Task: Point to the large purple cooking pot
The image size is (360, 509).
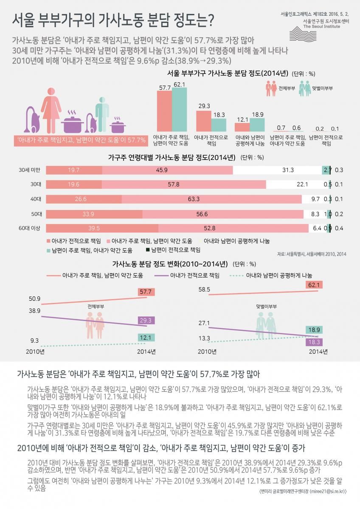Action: pos(75,123)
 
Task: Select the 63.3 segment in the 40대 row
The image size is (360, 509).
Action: pos(211,199)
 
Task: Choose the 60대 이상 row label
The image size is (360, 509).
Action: pos(29,228)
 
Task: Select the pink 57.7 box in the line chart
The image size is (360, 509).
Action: pos(146,292)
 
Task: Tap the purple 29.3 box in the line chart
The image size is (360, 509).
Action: pos(146,321)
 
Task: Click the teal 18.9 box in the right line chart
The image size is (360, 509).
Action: pos(315,330)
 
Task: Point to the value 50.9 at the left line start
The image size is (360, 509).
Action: pos(35,299)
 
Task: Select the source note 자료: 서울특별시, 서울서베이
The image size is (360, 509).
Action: pos(312,254)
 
